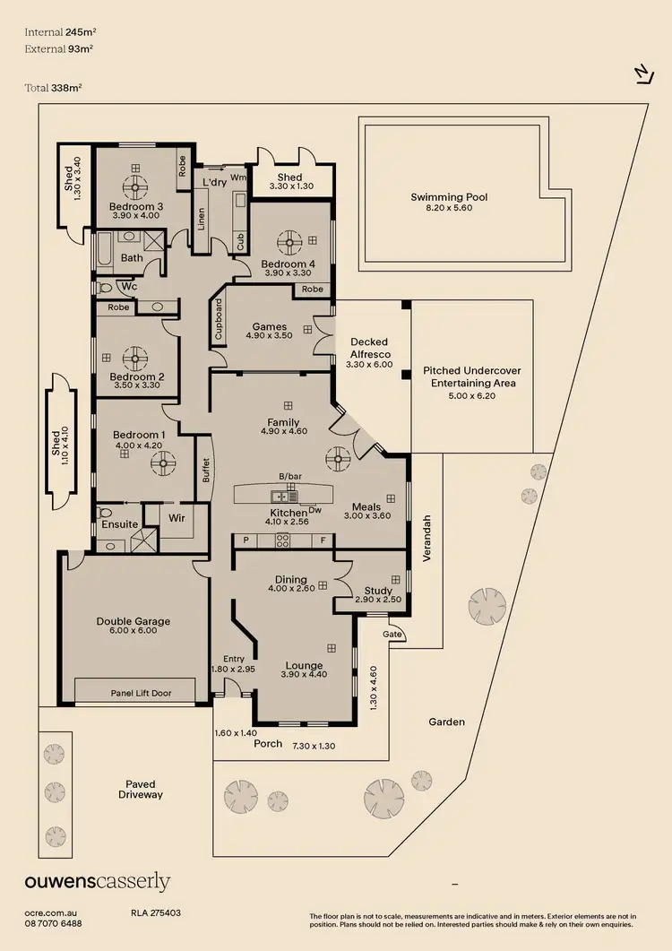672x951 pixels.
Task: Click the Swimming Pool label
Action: tap(449, 197)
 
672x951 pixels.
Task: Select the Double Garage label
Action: tap(133, 621)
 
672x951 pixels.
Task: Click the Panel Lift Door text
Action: tap(141, 693)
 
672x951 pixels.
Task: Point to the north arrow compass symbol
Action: tap(642, 74)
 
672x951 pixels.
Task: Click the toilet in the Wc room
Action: tap(107, 289)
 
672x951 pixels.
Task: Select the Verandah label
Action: tap(427, 538)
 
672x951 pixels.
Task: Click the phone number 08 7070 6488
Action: tap(53, 923)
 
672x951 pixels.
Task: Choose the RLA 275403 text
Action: tap(156, 912)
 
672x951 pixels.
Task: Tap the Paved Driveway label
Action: tap(141, 789)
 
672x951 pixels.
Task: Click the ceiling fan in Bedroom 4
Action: tap(289, 241)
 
